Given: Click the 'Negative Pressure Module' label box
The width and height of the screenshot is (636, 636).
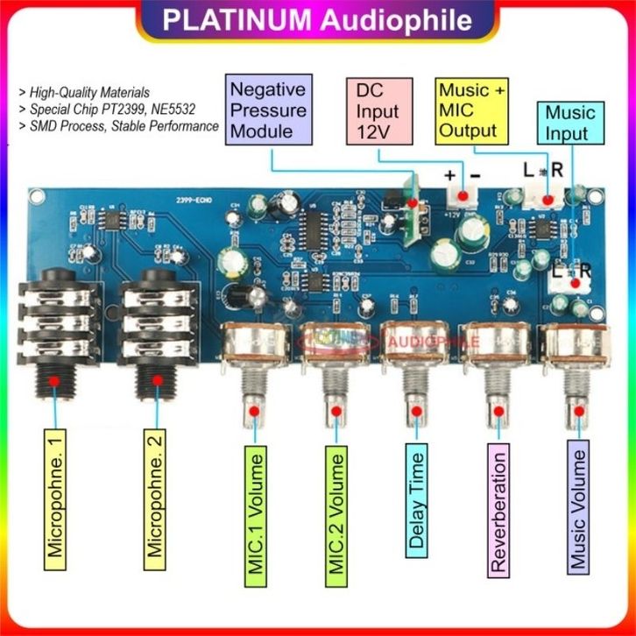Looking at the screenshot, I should (x=267, y=110).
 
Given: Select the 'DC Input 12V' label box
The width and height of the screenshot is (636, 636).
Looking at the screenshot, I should (x=378, y=111).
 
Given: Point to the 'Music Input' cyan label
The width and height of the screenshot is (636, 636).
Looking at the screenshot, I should (x=569, y=123).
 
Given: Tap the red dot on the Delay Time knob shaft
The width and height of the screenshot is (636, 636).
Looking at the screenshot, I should (x=417, y=410).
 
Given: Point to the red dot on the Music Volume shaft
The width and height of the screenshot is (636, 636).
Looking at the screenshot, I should (x=577, y=411).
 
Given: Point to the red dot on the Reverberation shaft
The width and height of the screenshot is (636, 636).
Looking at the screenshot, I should (x=498, y=410).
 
